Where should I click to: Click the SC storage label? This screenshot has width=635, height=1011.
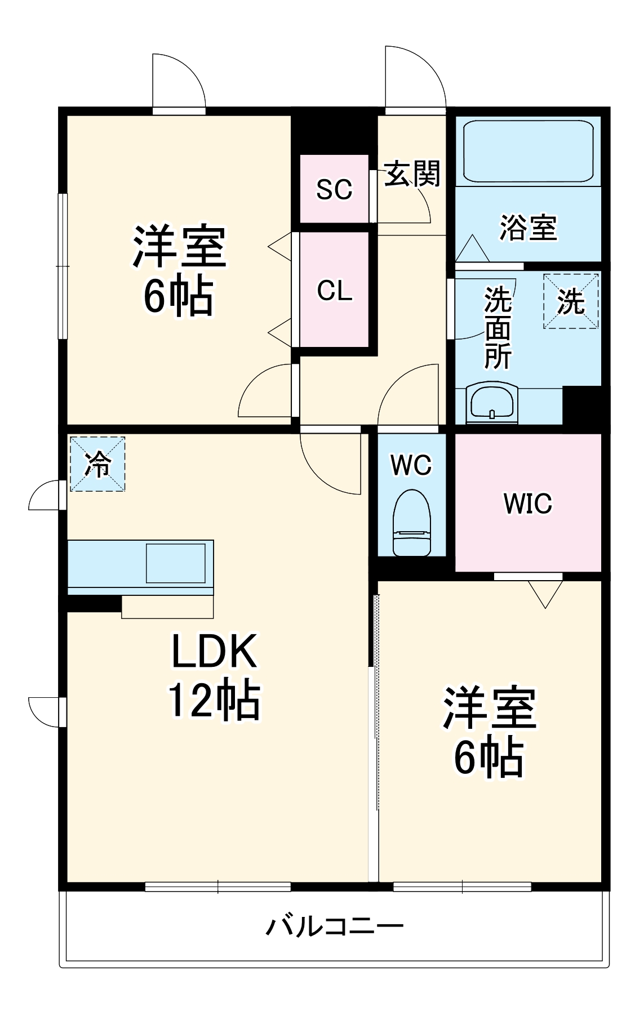point(334,189)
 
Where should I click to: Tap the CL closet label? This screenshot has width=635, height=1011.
point(334,291)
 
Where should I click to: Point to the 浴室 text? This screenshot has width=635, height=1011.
point(528,228)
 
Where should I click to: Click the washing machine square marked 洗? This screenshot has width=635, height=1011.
point(570,301)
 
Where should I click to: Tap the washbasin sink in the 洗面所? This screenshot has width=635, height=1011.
point(492,402)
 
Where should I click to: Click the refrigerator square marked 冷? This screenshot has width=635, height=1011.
point(97,464)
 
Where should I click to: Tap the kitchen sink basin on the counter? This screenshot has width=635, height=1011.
point(176,563)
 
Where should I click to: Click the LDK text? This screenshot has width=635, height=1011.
point(214,651)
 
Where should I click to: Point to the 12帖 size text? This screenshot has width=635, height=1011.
point(214,700)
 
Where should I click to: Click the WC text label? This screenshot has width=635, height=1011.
point(411,465)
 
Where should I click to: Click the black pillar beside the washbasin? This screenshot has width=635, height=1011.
point(582,406)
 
